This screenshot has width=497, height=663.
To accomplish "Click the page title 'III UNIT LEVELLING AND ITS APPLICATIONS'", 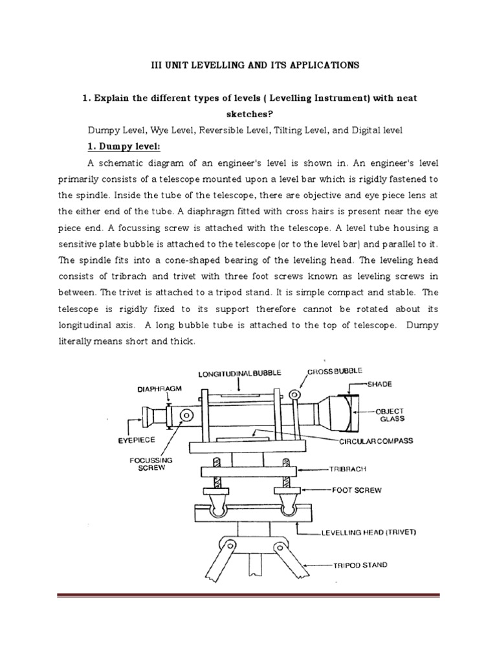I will tap(249, 65).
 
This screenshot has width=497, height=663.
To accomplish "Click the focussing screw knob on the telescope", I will tap(188, 415).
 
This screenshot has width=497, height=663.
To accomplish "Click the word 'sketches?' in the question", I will tap(248, 114).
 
